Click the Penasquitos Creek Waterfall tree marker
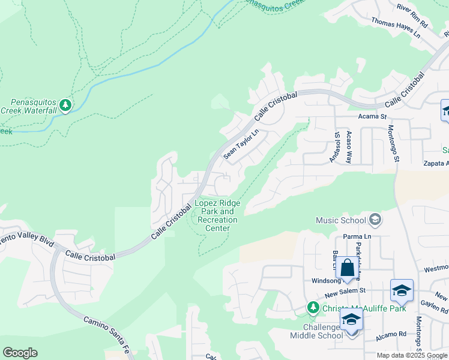[65, 106]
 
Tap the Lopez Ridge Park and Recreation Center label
[217, 215]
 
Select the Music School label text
[340, 220]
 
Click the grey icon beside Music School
[375, 220]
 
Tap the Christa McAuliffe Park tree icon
[312, 308]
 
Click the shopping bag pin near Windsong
[347, 268]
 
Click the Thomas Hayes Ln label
[396, 28]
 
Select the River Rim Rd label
[412, 16]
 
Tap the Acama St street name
[372, 116]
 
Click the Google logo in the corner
[20, 353]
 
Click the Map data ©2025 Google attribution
[412, 355]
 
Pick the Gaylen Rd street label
[433, 308]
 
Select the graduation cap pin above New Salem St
[401, 291]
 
